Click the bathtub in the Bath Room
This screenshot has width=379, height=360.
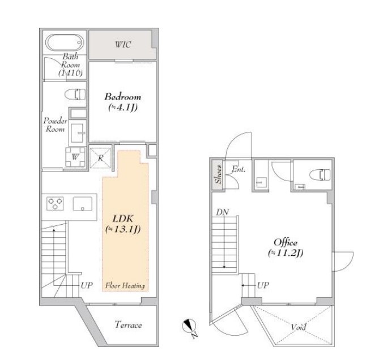pyautogui.click(x=65, y=43)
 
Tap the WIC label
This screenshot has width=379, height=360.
pyautogui.click(x=123, y=45)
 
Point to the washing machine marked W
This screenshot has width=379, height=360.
pyautogui.click(x=75, y=157)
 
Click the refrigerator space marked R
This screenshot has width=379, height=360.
pyautogui.click(x=100, y=158)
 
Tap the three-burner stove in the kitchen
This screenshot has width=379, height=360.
pyautogui.click(x=55, y=204)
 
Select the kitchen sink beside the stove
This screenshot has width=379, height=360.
pyautogui.click(x=83, y=204)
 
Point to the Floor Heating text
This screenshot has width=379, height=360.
pyautogui.click(x=125, y=286)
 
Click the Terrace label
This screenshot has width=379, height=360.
pyautogui.click(x=128, y=325)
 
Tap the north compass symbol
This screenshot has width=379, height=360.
pyautogui.click(x=190, y=327)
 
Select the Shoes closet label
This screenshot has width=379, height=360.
pyautogui.click(x=218, y=174)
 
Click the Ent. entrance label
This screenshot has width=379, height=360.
pyautogui.click(x=239, y=169)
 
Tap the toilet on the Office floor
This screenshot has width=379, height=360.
pyautogui.click(x=320, y=174)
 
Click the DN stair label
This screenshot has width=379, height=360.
pyautogui.click(x=223, y=212)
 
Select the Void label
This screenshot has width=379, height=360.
pyautogui.click(x=299, y=327)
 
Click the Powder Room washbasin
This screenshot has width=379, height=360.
pyautogui.click(x=78, y=132)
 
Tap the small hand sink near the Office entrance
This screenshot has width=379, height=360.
pyautogui.click(x=261, y=183)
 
